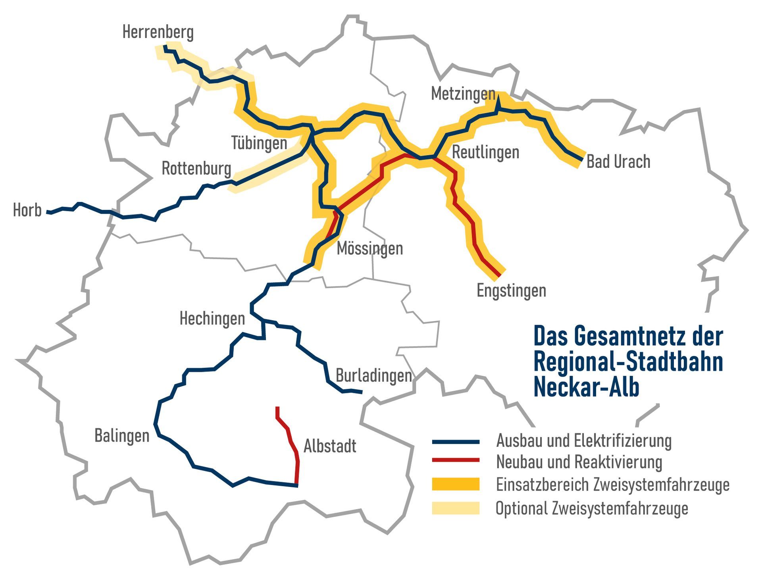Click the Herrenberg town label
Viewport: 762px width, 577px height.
coord(158,32)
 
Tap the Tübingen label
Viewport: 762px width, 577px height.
coord(259,143)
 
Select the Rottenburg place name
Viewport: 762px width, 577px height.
coord(196,169)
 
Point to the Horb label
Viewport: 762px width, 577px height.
coord(27,210)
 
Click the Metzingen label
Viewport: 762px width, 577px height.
coord(463,94)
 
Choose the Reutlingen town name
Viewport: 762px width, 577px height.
coord(485,152)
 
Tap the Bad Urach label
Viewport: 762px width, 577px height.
coord(618,162)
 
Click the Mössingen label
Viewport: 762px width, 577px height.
coord(369,249)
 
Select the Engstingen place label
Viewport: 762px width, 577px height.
coord(511,290)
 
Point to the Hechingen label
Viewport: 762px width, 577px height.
coord(212,318)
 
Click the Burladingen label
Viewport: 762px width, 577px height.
coord(373,375)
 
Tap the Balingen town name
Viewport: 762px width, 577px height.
coord(121,436)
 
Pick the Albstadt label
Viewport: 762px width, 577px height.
coord(329,446)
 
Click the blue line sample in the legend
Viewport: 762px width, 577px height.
coord(455,442)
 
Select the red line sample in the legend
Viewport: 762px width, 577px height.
coord(455,460)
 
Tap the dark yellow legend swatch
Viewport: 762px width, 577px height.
coord(455,484)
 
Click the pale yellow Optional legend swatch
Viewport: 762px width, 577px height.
coord(455,508)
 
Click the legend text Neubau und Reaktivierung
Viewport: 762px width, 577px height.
coord(579,462)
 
